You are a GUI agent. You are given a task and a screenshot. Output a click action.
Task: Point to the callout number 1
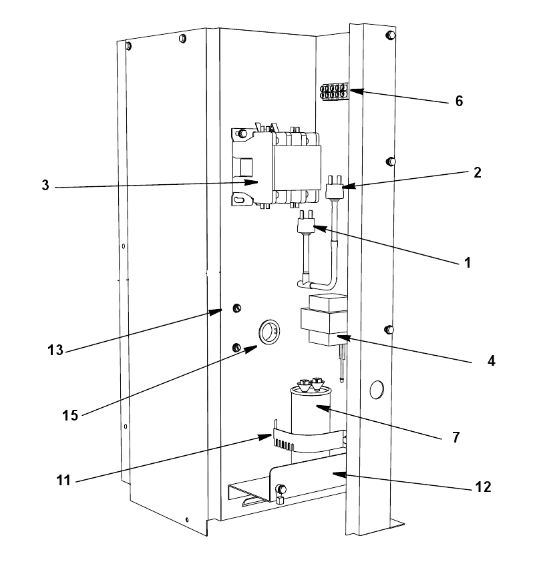tap(468, 262)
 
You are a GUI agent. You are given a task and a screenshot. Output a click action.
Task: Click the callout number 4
tap(491, 360)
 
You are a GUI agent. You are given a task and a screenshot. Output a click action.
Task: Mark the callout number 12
tap(484, 487)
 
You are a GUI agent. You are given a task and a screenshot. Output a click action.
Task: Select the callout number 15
tap(71, 414)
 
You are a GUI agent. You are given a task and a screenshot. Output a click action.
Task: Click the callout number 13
tap(55, 349)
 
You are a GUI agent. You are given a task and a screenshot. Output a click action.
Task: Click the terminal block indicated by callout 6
tap(333, 91)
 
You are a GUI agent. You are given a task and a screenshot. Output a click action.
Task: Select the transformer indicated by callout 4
tap(324, 321)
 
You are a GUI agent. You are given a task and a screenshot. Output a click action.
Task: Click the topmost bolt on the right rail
tap(390, 35)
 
